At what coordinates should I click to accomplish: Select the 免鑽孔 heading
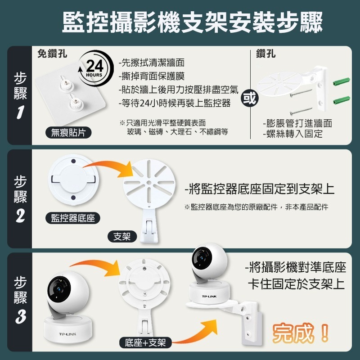click(53, 54)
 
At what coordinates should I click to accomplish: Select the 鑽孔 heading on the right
click(265, 54)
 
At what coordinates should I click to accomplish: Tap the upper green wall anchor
click(342, 82)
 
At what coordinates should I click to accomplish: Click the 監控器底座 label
click(72, 218)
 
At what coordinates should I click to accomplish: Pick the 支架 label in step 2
click(122, 236)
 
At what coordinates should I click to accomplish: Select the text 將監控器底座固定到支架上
click(260, 189)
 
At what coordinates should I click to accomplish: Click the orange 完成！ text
click(301, 333)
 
